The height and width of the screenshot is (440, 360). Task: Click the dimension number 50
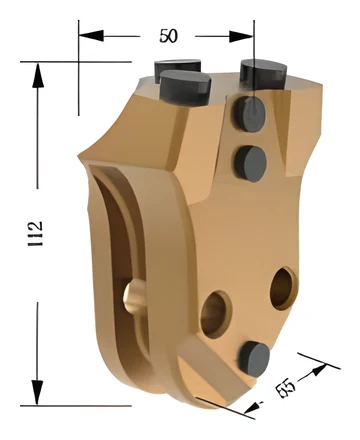pos(169,36)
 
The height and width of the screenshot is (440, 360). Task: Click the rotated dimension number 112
pos(35,233)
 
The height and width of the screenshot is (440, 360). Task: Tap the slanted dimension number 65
pos(285,388)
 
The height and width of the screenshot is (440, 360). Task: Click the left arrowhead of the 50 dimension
pos(91,35)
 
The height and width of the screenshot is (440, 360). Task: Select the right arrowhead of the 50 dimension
pos(242,36)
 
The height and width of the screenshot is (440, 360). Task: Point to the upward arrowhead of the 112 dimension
pos(38,75)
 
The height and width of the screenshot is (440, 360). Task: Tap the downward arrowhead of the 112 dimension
pos(37,393)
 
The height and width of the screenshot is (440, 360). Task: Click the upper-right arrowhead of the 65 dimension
pos(318,370)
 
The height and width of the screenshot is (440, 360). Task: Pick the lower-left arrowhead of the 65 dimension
pos(252,407)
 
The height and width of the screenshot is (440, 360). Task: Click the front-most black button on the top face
pos(185,87)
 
